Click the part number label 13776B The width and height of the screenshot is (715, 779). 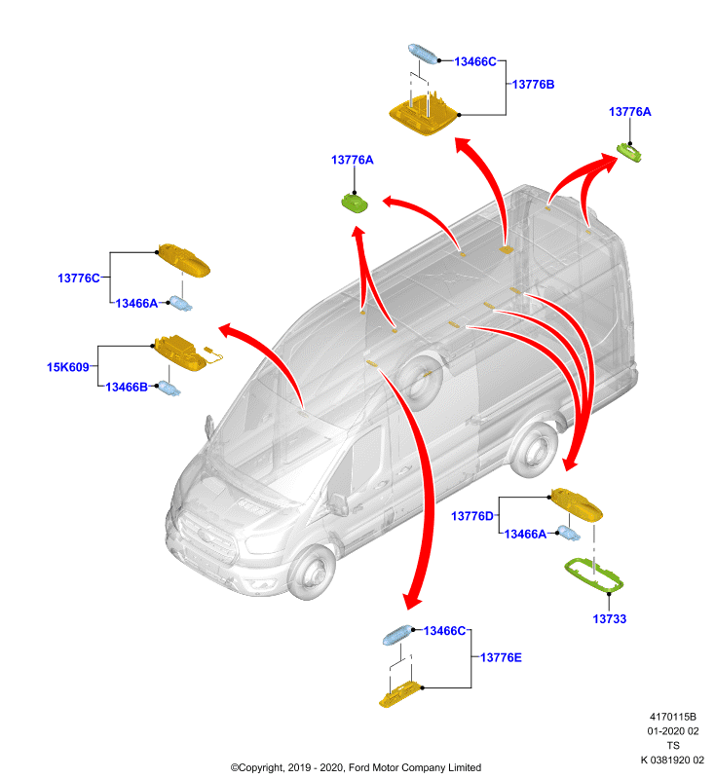533,85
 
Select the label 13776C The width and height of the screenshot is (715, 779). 79,278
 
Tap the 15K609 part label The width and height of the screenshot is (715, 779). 67,367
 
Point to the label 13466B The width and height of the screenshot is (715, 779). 127,387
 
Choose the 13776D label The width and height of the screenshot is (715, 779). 472,516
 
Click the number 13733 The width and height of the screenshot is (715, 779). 609,619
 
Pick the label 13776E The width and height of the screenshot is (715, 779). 501,658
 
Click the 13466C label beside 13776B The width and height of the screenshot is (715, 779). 475,61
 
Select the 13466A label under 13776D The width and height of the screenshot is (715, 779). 525,534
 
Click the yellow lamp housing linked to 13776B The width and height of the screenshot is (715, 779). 424,115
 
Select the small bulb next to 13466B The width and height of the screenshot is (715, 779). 169,388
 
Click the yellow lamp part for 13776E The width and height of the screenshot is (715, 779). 399,694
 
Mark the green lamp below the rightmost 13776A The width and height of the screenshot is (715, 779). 629,152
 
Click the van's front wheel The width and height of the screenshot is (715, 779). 313,572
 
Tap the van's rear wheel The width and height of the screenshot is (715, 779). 534,450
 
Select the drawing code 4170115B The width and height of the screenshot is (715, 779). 673,717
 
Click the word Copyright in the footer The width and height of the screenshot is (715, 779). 261,767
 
